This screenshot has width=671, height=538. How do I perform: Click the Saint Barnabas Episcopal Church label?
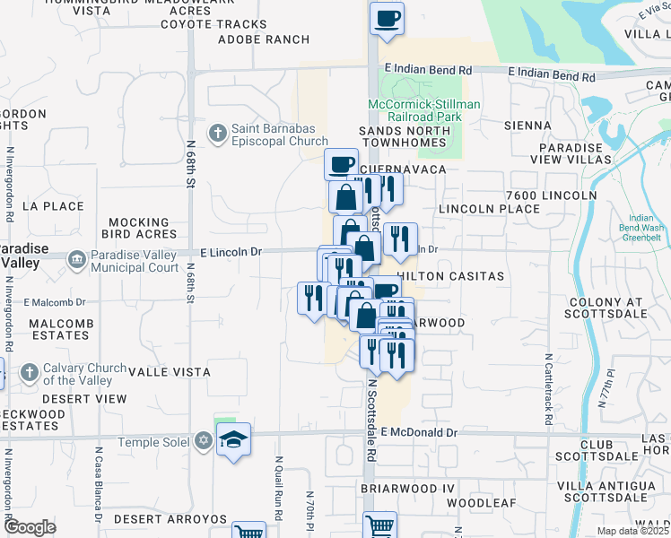coord(280,134)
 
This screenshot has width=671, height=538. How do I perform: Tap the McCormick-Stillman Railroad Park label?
coord(424,110)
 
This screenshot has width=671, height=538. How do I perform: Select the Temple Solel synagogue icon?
coord(204,441)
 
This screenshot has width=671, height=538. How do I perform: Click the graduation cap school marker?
coord(234,440)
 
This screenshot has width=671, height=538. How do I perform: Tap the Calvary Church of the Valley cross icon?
coord(29,372)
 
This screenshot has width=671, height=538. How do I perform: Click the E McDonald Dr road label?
coord(419,432)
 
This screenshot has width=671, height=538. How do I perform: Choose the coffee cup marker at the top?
coord(387,19)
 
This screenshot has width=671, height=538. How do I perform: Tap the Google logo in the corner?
coord(30,527)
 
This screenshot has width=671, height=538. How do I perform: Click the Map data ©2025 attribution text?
coord(633,531)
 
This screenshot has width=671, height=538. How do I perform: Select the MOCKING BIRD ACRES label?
coord(138,228)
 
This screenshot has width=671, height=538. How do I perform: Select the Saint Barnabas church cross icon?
coord(216,134)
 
